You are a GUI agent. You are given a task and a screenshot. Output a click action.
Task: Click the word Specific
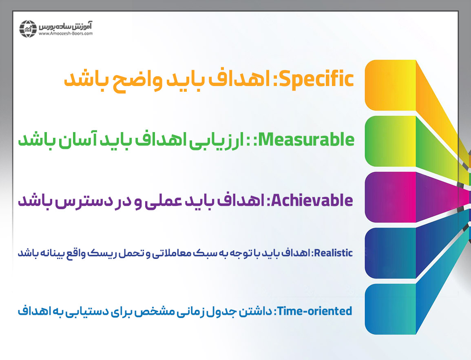point(318,80)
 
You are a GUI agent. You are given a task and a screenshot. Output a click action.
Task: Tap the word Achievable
point(312,200)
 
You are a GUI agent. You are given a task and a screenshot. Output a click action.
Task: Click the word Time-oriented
point(314,311)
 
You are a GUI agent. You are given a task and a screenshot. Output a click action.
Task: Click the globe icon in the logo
point(28,29)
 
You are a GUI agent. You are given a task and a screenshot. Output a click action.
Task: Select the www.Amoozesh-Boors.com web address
point(66,33)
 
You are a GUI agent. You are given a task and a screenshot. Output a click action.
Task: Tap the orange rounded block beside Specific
point(391,85)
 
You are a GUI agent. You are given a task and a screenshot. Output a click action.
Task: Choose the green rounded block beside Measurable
point(391,141)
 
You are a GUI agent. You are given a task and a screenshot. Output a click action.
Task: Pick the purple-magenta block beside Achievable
point(391,197)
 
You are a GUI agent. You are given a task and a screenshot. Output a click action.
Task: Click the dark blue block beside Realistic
point(391,253)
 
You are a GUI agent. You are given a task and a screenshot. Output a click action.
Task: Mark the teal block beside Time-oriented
point(391,309)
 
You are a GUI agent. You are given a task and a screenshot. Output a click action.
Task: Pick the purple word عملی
point(164,201)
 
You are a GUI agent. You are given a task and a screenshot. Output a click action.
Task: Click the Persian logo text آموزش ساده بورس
point(66,26)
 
